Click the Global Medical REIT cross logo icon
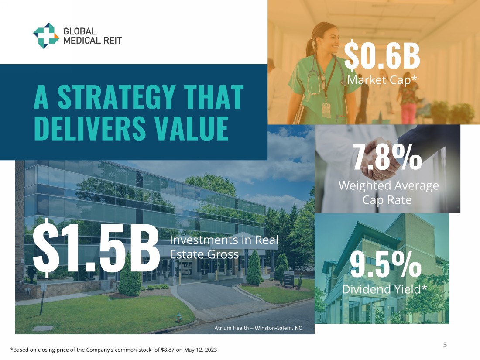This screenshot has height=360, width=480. click(46, 35)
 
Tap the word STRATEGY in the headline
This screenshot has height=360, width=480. click(117, 97)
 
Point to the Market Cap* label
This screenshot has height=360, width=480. click(382, 80)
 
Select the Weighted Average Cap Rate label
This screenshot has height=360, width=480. click(388, 192)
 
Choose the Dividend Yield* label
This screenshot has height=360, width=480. click(384, 289)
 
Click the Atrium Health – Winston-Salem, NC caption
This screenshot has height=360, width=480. click(258, 328)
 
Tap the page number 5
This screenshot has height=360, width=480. click(445, 345)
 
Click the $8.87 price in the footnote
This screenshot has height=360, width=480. click(168, 350)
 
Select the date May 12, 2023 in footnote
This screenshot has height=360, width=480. click(200, 350)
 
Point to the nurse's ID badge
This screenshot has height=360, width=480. click(326, 110)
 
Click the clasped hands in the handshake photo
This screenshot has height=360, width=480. click(380, 159)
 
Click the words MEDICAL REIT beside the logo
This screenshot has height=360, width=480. click(93, 41)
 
